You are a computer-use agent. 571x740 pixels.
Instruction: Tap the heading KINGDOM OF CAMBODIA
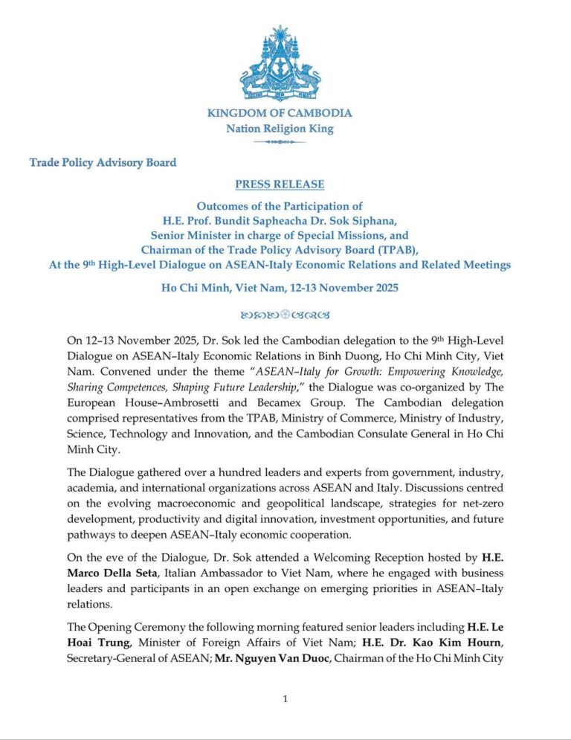pyautogui.click(x=280, y=113)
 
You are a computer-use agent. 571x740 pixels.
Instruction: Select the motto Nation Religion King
pyautogui.click(x=280, y=129)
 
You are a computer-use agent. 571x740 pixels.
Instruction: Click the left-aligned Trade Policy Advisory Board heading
pyautogui.click(x=103, y=162)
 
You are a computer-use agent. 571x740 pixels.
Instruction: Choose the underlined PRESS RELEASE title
pyautogui.click(x=280, y=184)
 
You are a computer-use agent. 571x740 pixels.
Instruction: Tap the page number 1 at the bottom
pyautogui.click(x=285, y=698)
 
